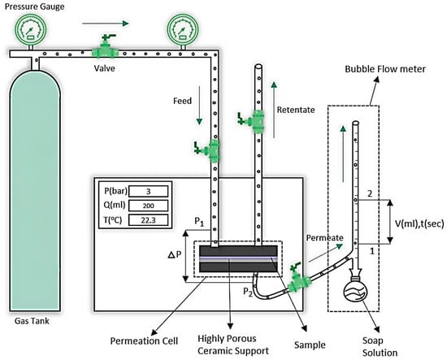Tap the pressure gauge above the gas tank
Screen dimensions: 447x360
31,29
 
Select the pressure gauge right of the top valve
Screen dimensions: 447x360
182,29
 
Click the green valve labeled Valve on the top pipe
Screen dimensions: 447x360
105,48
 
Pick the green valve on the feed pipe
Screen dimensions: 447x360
209,150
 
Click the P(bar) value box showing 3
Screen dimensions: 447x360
148,191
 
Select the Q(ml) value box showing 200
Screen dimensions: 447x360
148,206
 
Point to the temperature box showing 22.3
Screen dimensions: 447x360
148,220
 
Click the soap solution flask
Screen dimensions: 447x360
355,290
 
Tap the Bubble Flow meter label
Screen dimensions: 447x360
385,69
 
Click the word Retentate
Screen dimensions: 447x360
296,110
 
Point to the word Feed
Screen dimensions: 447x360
182,101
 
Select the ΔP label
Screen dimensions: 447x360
175,254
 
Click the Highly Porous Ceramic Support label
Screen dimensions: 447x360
233,345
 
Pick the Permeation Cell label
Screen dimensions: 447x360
144,340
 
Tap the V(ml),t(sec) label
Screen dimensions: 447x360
419,224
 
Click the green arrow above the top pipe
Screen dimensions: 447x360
106,24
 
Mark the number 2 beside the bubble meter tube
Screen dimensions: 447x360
370,194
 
